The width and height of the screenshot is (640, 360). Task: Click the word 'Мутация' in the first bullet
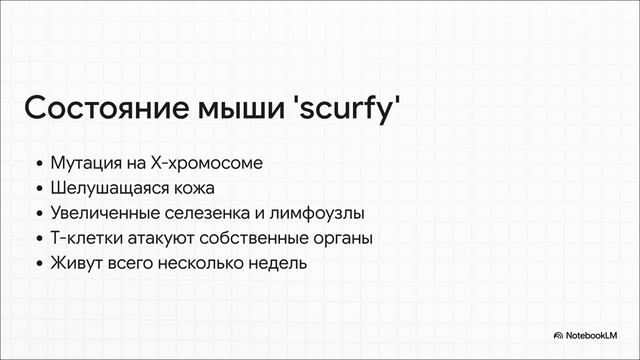82,162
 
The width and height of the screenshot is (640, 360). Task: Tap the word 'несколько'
201,264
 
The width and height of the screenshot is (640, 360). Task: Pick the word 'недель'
276,264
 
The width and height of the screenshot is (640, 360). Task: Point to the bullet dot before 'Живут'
38,265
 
